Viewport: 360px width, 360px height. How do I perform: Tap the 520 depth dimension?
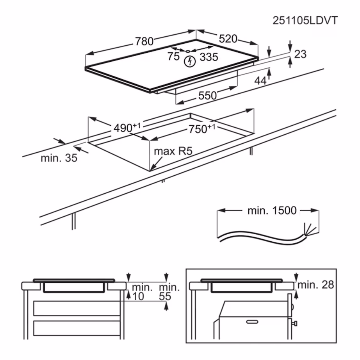[228, 39]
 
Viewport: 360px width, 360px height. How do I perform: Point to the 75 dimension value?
[173, 57]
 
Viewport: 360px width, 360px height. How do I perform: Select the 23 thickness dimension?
[300, 54]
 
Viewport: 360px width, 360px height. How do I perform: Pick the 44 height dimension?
[260, 81]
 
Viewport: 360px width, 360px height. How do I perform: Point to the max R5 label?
[174, 151]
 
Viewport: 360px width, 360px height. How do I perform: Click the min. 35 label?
[59, 158]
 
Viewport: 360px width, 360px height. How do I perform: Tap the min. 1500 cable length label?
[272, 211]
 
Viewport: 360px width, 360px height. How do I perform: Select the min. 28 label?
[315, 285]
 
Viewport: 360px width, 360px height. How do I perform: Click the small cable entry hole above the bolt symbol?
[188, 51]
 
